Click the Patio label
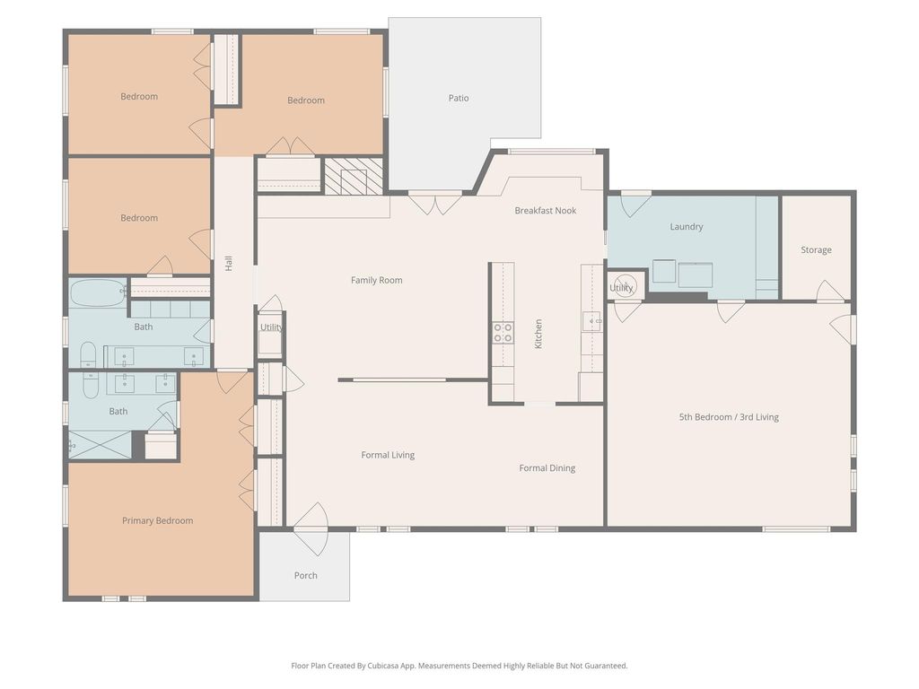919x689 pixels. coord(459,98)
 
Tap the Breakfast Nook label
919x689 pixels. coord(545,210)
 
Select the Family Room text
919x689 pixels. coord(376,280)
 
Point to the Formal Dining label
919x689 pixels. coord(547,467)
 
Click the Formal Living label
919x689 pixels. coord(388,455)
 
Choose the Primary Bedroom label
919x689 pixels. coord(157,520)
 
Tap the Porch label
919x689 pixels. coord(305,575)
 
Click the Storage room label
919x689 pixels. coord(816,249)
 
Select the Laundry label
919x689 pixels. coord(687,226)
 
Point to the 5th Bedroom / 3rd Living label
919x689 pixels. coord(729,417)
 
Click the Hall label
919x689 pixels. coord(229,263)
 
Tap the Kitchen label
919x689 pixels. coord(538,334)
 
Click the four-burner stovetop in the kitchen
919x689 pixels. coord(503,332)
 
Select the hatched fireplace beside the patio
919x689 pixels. coord(354,176)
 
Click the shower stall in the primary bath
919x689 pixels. coord(101,445)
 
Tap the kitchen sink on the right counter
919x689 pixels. coord(591,322)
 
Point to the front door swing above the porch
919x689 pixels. coord(311,529)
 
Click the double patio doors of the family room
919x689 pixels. coord(434,204)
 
